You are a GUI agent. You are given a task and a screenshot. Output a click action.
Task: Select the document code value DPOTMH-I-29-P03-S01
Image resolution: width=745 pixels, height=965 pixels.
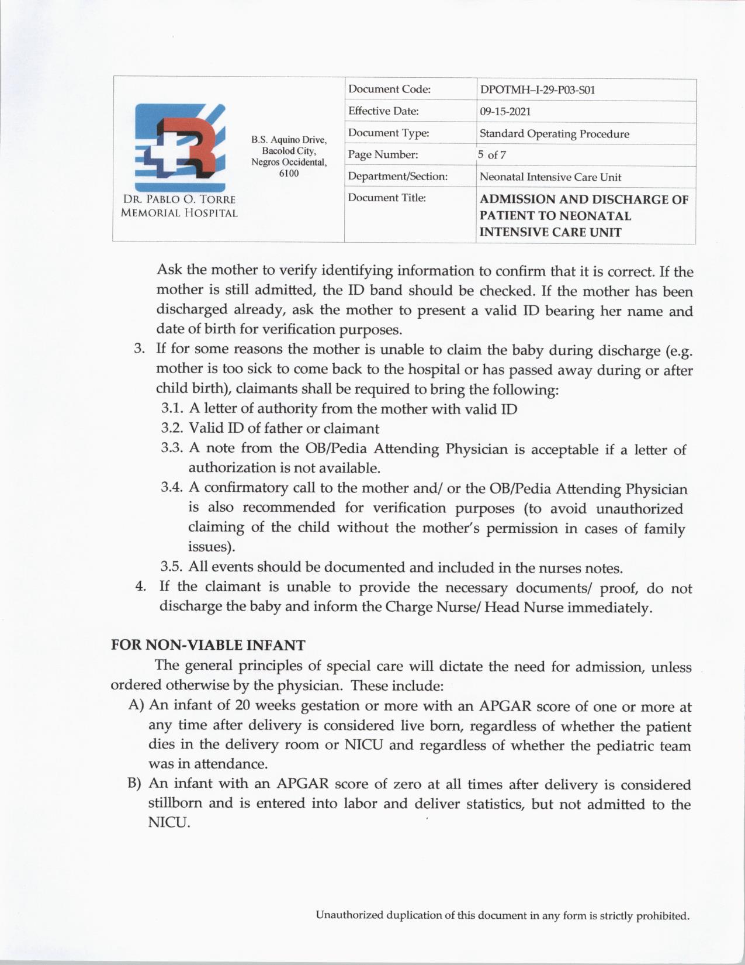pos(537,90)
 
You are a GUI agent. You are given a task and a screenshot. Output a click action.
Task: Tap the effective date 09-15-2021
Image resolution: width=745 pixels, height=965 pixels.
pos(505,112)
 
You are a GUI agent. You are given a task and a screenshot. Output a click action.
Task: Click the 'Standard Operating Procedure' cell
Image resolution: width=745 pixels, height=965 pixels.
pos(554,134)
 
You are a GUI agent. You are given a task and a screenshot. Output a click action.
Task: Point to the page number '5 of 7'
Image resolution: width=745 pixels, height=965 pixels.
pos(491,155)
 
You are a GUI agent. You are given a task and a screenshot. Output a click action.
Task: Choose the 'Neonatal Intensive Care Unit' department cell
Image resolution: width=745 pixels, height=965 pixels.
pos(550,177)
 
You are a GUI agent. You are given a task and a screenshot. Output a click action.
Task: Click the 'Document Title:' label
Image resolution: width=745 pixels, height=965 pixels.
pos(387,198)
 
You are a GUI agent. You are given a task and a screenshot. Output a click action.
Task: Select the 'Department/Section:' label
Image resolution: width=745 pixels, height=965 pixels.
pos(397,176)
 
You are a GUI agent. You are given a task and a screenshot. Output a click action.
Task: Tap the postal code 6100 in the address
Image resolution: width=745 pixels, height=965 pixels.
pos(289,173)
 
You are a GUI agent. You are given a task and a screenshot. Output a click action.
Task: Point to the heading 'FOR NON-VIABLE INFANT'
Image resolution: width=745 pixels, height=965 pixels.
pos(208,646)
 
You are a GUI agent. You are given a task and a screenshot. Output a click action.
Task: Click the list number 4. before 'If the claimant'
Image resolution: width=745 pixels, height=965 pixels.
pos(140,587)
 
